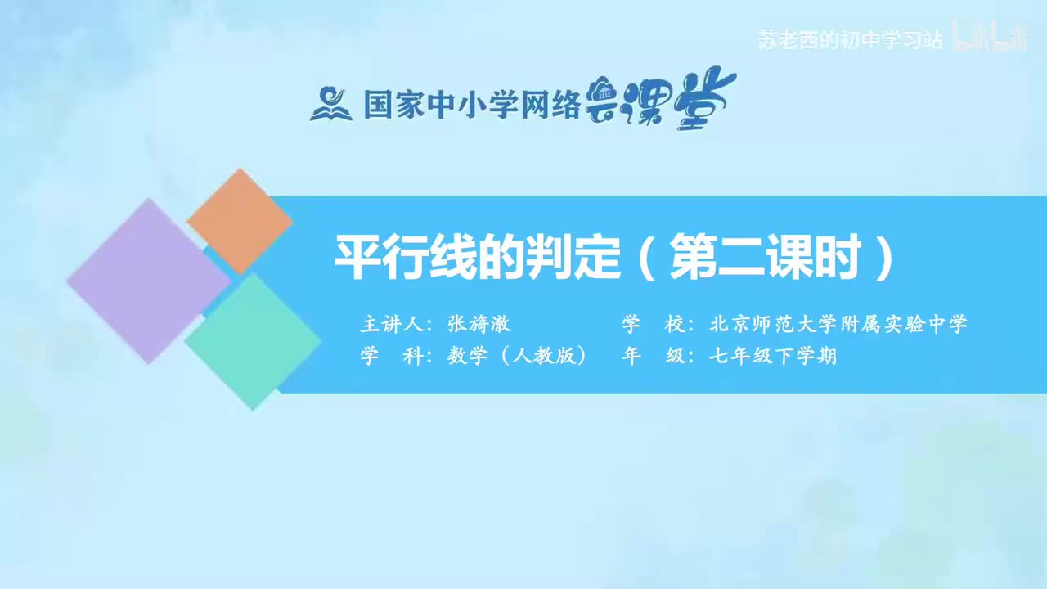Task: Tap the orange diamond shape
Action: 239,221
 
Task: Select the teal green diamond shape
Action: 254,341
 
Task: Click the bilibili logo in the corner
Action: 990,38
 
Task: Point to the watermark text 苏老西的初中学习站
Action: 850,40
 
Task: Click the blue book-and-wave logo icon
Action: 330,103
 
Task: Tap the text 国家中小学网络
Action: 472,105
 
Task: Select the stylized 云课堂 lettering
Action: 661,100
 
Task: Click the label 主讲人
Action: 395,324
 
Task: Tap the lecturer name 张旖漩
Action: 479,324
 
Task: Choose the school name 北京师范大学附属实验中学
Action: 838,324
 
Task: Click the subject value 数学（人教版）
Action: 517,357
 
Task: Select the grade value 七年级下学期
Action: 773,357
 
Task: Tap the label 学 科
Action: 395,357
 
